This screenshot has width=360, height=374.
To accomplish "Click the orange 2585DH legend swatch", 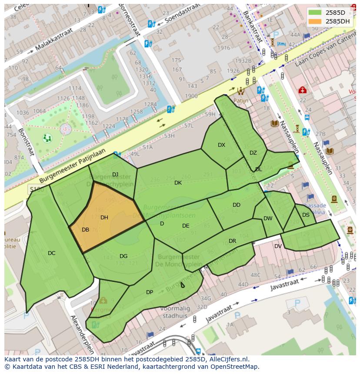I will click(x=316, y=21).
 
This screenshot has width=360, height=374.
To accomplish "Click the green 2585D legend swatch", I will click(x=316, y=13).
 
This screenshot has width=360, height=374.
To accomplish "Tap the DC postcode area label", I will click(x=52, y=253).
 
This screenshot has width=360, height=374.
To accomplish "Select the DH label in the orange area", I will click(x=104, y=218).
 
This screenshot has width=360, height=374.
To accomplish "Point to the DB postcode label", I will click(x=85, y=230).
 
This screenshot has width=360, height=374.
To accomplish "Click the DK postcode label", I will click(x=178, y=183).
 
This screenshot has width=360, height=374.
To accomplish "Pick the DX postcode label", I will click(x=222, y=145).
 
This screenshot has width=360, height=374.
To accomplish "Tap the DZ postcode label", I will click(x=253, y=153).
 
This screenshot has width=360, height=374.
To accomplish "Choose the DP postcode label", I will click(x=150, y=292).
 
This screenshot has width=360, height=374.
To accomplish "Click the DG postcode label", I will click(x=123, y=256).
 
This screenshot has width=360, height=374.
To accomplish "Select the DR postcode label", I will click(x=233, y=241).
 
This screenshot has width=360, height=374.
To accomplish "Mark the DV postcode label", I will click(x=278, y=246).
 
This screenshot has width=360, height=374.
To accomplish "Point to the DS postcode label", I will click(x=306, y=215).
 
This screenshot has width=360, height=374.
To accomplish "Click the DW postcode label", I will click(x=268, y=218).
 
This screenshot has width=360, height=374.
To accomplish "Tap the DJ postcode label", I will click(x=115, y=175).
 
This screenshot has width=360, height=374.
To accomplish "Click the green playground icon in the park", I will click(x=47, y=138).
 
